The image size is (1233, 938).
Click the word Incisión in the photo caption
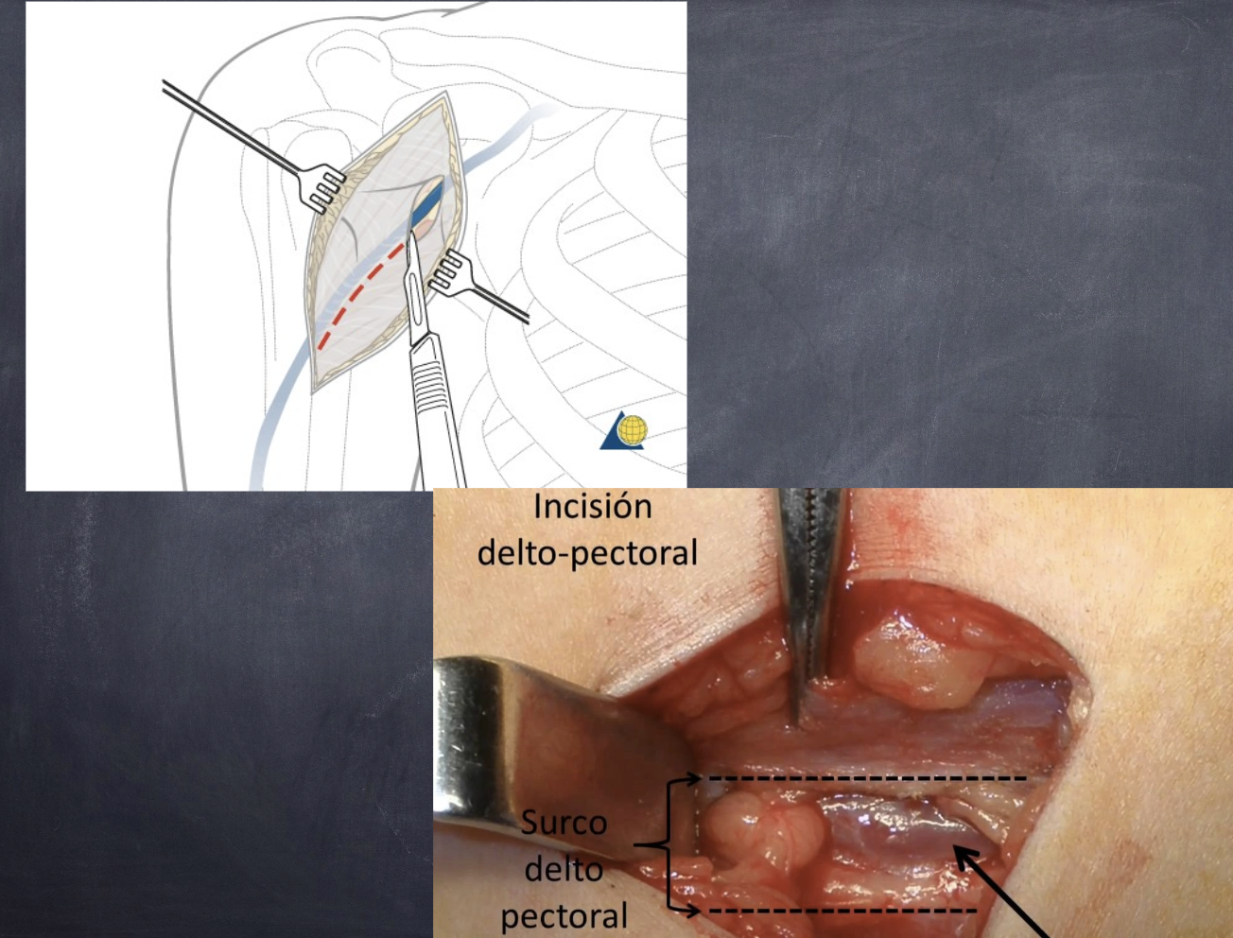pos(592,507)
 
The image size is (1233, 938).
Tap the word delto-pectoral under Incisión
pos(587,552)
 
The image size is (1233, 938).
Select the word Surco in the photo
pos(564,823)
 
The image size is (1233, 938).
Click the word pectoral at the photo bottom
pos(564,915)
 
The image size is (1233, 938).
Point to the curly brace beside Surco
pos(669,844)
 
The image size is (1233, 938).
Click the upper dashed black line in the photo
pos(865,778)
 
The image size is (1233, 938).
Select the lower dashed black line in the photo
pos(842,911)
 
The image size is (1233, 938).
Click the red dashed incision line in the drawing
pos(359,293)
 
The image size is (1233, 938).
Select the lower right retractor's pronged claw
pos(450,271)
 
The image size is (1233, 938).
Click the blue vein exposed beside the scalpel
pos(428,202)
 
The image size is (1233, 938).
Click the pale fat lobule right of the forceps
pos(912,662)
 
